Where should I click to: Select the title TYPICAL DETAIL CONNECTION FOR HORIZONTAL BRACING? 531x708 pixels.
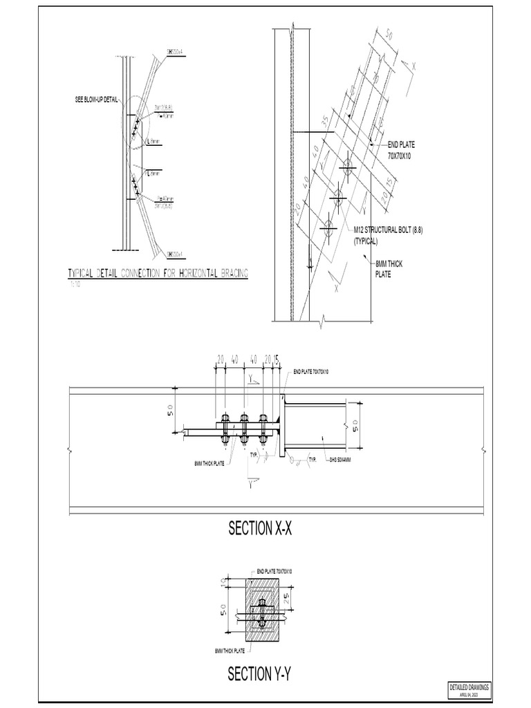(x=158, y=274)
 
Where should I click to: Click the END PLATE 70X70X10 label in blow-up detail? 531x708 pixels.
(x=401, y=150)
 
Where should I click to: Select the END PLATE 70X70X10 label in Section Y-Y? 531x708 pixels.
(x=274, y=571)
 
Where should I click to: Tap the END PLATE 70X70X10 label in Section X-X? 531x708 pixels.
(x=311, y=372)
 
